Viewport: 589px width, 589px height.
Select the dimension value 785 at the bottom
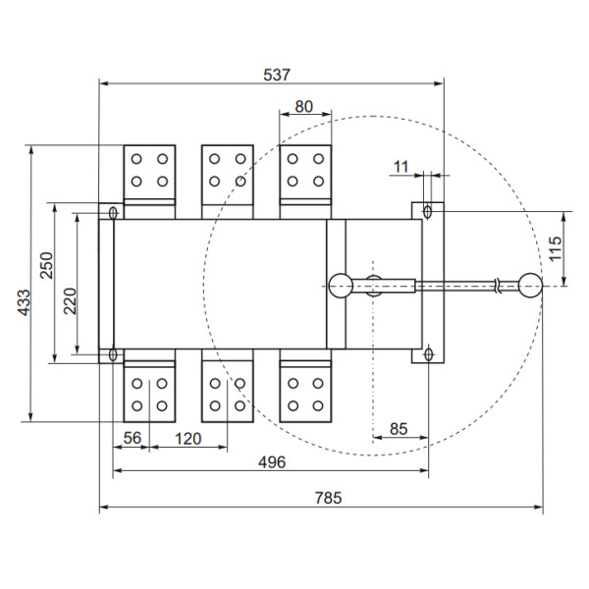328,499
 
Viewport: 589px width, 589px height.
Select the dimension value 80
304,106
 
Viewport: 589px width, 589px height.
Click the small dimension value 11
400,167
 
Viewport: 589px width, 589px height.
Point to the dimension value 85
399,428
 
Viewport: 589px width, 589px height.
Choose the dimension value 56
134,438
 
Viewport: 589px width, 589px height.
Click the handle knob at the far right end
530,285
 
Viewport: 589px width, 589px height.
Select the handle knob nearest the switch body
341,285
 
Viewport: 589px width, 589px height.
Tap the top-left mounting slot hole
113,212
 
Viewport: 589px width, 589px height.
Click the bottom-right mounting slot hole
428,354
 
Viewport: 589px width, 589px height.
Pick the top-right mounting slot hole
428,212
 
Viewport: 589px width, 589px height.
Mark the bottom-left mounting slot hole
113,354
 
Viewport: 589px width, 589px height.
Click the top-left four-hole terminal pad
148,170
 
